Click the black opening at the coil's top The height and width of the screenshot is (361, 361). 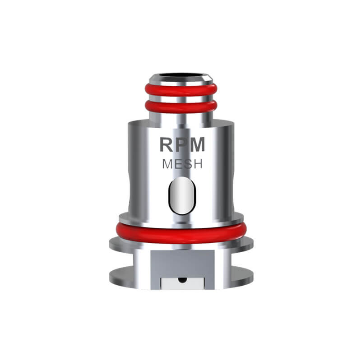point(180,76)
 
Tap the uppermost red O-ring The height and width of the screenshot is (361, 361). point(180,89)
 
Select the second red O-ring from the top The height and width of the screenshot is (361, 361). point(180,107)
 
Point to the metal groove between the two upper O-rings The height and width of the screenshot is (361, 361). point(180,98)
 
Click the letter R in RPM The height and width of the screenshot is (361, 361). point(166,144)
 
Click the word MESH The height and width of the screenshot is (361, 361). point(182,165)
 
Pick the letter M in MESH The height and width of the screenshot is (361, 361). point(167,165)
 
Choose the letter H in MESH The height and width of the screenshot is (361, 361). point(197,165)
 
